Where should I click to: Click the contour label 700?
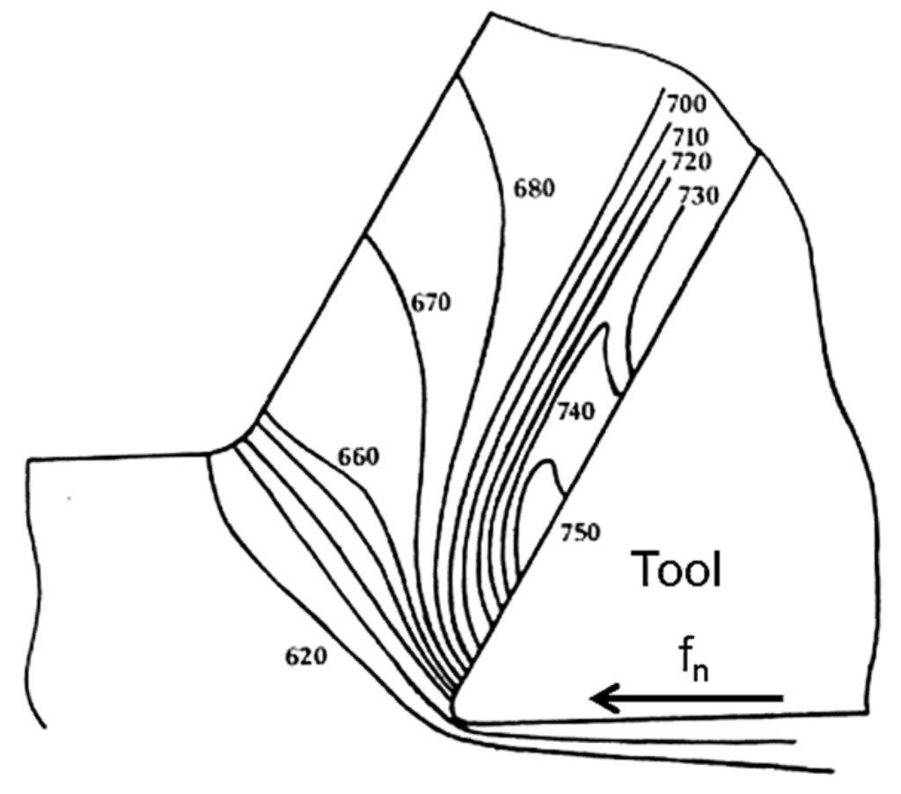pyautogui.click(x=687, y=105)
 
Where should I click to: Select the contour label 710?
pyautogui.click(x=691, y=138)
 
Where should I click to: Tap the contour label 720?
pyautogui.click(x=691, y=162)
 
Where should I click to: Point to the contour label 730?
pyautogui.click(x=699, y=195)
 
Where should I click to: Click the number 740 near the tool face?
pyautogui.click(x=576, y=410)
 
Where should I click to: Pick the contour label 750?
pyautogui.click(x=579, y=533)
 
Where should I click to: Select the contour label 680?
pyautogui.click(x=534, y=188)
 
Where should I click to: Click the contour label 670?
pyautogui.click(x=430, y=303)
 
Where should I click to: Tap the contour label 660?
pyautogui.click(x=357, y=457)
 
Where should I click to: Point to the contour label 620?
pyautogui.click(x=305, y=656)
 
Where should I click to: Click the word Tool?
pyautogui.click(x=678, y=571)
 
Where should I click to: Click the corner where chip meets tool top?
pyautogui.click(x=758, y=151)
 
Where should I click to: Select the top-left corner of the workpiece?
pyautogui.click(x=29, y=459)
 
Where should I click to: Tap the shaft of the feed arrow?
pyautogui.click(x=704, y=699)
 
